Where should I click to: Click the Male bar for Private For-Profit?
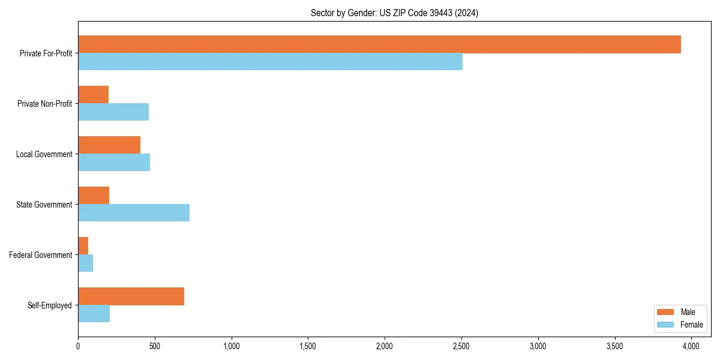tap(379, 44)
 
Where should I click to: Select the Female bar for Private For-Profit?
tap(270, 62)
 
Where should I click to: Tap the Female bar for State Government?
tap(134, 213)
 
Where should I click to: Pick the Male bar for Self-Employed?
tap(131, 296)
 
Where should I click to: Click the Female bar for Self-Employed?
tap(94, 314)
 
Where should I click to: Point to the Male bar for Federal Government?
tap(83, 246)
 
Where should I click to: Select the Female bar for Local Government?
tap(114, 163)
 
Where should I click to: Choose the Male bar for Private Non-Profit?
tap(93, 95)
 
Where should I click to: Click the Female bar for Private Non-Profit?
tap(113, 112)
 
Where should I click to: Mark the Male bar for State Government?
tap(94, 196)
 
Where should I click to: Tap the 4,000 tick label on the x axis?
tap(691, 346)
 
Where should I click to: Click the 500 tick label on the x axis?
tap(155, 346)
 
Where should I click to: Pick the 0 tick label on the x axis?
tap(78, 346)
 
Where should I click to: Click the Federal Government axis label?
tap(41, 255)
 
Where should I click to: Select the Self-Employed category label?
tap(50, 305)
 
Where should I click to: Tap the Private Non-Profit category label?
tap(44, 104)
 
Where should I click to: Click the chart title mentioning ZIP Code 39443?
tap(394, 13)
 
